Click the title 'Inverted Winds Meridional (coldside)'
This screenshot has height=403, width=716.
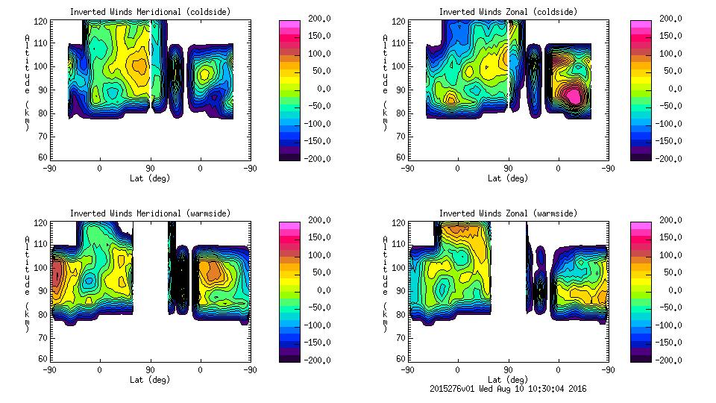pos(150,12)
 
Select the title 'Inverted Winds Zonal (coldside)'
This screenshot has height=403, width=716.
pos(508,12)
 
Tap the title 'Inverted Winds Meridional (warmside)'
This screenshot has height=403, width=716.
pos(150,213)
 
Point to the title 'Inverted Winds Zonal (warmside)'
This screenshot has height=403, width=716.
pos(508,213)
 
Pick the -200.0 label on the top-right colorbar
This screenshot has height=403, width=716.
pos(673,159)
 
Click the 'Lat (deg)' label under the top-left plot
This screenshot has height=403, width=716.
pos(150,178)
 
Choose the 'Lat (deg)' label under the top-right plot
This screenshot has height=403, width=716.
pos(508,178)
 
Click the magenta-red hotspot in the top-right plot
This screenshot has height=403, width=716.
pos(573,96)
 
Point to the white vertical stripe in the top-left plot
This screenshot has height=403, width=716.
pos(151,60)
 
